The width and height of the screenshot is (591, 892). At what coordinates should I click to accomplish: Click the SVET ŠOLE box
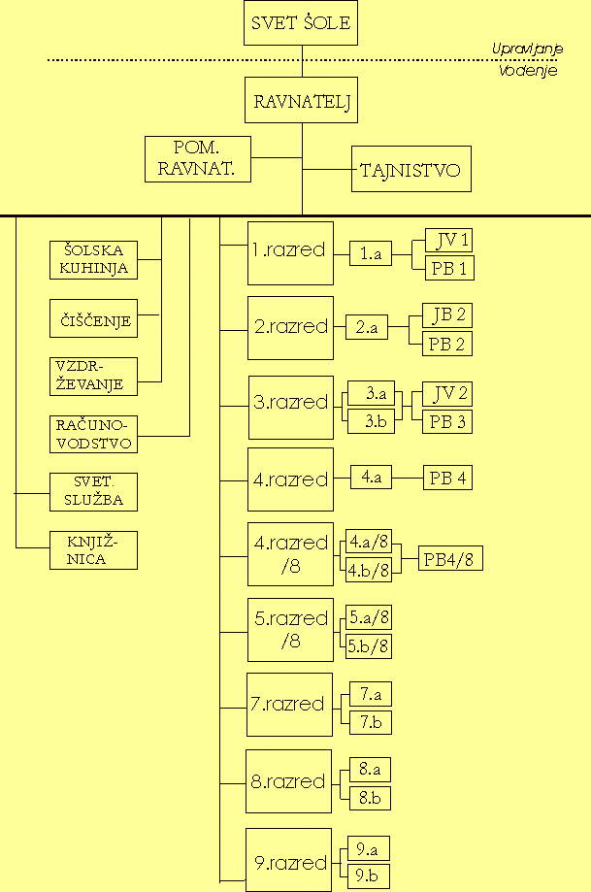(301, 22)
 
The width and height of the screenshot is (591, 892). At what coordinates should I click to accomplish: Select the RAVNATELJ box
(301, 101)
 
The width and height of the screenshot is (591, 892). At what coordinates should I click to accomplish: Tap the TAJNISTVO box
(410, 169)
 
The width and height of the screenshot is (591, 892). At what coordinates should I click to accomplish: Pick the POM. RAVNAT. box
(198, 159)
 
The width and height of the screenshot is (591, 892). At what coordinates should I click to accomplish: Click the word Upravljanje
(525, 50)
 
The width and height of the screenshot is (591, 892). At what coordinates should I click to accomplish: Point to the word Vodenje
(528, 71)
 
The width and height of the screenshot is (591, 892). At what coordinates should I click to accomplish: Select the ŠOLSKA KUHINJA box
(93, 259)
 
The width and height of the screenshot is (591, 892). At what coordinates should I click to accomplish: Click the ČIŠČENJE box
(93, 318)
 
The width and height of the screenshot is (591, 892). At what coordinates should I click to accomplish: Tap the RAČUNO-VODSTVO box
(93, 434)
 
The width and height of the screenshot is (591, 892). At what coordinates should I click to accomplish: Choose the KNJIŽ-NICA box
(93, 550)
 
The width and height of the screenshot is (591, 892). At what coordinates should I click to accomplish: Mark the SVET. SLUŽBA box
(93, 492)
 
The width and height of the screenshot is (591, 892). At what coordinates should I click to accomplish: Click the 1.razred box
(290, 252)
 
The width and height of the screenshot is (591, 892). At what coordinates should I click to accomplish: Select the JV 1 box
(449, 242)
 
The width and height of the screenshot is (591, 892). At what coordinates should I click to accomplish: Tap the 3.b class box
(371, 421)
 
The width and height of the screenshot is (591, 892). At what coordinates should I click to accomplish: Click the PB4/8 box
(451, 559)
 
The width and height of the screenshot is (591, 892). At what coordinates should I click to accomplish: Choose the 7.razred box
(289, 704)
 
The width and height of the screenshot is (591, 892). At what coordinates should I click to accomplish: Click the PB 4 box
(447, 479)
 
